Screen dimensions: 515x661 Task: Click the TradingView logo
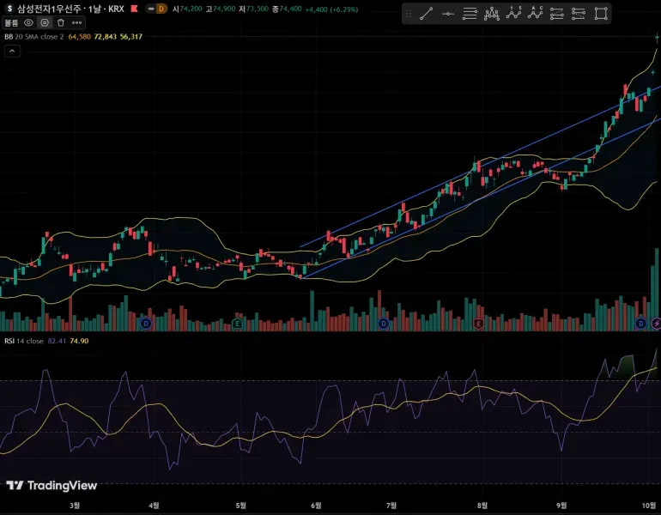pyautogui.click(x=52, y=486)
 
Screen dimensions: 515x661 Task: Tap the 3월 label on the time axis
pyautogui.click(x=75, y=506)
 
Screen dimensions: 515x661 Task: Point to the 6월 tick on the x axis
pyautogui.click(x=316, y=506)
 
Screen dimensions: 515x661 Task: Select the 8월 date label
pyautogui.click(x=482, y=506)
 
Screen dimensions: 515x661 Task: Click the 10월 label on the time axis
pyautogui.click(x=650, y=506)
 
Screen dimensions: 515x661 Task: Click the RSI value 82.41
pyautogui.click(x=58, y=341)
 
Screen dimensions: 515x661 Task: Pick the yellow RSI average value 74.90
pyautogui.click(x=79, y=341)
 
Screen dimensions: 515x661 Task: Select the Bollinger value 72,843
pyautogui.click(x=106, y=37)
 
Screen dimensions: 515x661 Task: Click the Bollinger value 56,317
pyautogui.click(x=131, y=37)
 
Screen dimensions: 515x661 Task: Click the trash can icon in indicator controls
pyautogui.click(x=61, y=22)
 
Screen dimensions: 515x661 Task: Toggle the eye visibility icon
pyautogui.click(x=28, y=22)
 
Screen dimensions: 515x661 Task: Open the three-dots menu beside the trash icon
pyautogui.click(x=77, y=22)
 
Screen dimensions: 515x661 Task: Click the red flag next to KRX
pyautogui.click(x=134, y=9)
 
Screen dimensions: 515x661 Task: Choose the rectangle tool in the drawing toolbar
pyautogui.click(x=601, y=13)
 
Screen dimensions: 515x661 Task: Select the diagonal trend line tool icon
pyautogui.click(x=426, y=13)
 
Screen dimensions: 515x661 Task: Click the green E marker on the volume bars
pyautogui.click(x=237, y=324)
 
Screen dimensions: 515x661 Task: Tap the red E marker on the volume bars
pyautogui.click(x=479, y=324)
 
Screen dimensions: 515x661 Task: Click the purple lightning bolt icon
pyautogui.click(x=657, y=324)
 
